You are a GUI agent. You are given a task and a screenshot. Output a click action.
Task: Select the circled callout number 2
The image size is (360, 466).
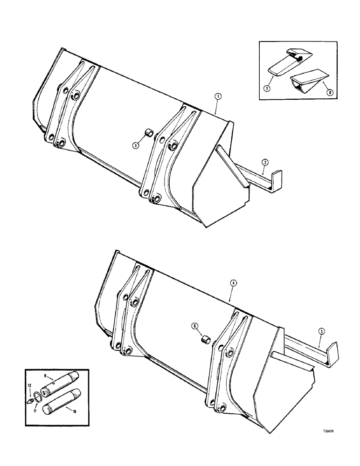pyautogui.click(x=265, y=162)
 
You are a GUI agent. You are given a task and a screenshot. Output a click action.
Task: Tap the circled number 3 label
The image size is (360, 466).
pyautogui.click(x=135, y=145)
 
